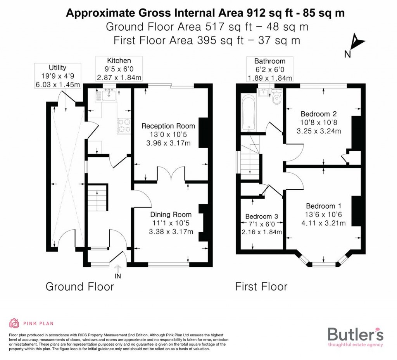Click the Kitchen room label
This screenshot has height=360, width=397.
(x=119, y=61)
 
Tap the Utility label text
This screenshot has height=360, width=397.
(x=57, y=68)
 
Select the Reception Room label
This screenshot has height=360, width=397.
(x=168, y=126)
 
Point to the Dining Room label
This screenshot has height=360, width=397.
(x=171, y=215)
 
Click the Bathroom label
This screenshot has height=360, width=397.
(x=270, y=61)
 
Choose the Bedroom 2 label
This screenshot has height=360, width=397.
(x=319, y=114)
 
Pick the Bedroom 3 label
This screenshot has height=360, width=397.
(x=262, y=216)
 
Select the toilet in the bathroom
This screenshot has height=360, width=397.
(x=277, y=97)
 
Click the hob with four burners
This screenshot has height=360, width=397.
(x=124, y=125)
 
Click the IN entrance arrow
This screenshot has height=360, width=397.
(x=118, y=268)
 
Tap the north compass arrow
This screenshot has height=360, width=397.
(x=356, y=41)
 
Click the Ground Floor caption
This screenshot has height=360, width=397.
(x=80, y=287)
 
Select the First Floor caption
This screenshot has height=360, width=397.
(x=261, y=287)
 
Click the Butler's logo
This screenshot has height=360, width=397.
(x=356, y=336)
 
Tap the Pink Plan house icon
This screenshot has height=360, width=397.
(x=14, y=323)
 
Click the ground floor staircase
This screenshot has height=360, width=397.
(x=97, y=197)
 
